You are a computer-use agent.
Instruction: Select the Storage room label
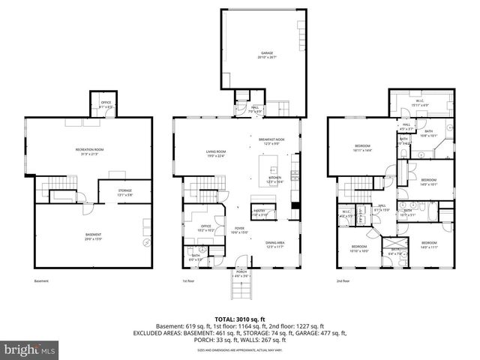coord(124,192)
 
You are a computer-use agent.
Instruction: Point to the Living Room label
coord(216,154)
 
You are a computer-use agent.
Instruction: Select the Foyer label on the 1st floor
coord(239,230)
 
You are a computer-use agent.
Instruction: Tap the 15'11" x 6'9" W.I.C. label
coord(420,103)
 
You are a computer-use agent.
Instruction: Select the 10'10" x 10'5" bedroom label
coord(359,248)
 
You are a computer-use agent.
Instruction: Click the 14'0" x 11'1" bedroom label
coord(429,245)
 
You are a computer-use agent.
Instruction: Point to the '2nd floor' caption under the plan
coord(343,281)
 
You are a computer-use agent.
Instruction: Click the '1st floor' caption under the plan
coord(188,281)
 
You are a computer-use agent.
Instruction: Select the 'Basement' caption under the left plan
coord(42,281)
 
